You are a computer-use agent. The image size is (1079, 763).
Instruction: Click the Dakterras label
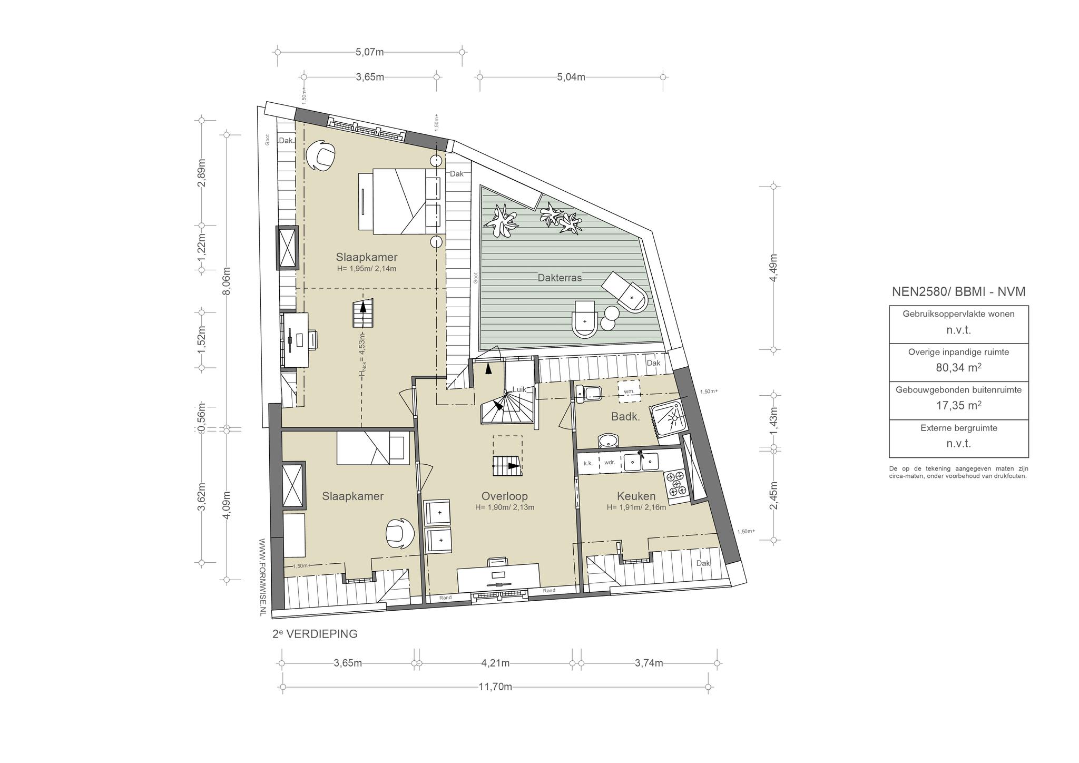(560, 278)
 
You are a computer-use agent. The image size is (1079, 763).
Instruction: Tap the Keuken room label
(636, 496)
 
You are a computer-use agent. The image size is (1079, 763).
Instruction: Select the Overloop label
(504, 496)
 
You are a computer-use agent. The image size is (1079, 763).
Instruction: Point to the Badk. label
(625, 416)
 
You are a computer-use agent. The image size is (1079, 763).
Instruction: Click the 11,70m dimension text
(495, 687)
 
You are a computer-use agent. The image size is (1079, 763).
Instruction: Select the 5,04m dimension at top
(571, 77)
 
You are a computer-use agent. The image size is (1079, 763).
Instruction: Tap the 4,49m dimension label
(773, 268)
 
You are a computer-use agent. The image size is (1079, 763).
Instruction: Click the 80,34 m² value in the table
(958, 367)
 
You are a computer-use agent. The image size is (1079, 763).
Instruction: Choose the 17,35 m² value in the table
(958, 405)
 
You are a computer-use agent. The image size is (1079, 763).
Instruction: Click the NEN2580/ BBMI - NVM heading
(958, 291)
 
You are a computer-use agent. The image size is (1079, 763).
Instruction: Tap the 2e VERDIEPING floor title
(315, 634)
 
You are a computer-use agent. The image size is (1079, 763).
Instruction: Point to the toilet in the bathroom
(588, 393)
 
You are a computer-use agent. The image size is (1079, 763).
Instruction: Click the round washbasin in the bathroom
(610, 441)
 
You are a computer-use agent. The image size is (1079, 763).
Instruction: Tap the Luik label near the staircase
(519, 389)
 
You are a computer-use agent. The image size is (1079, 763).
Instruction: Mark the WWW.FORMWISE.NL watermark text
(262, 576)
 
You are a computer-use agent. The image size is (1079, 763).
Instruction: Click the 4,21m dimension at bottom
(495, 663)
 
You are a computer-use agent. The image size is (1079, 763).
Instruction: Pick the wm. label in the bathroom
(629, 391)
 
